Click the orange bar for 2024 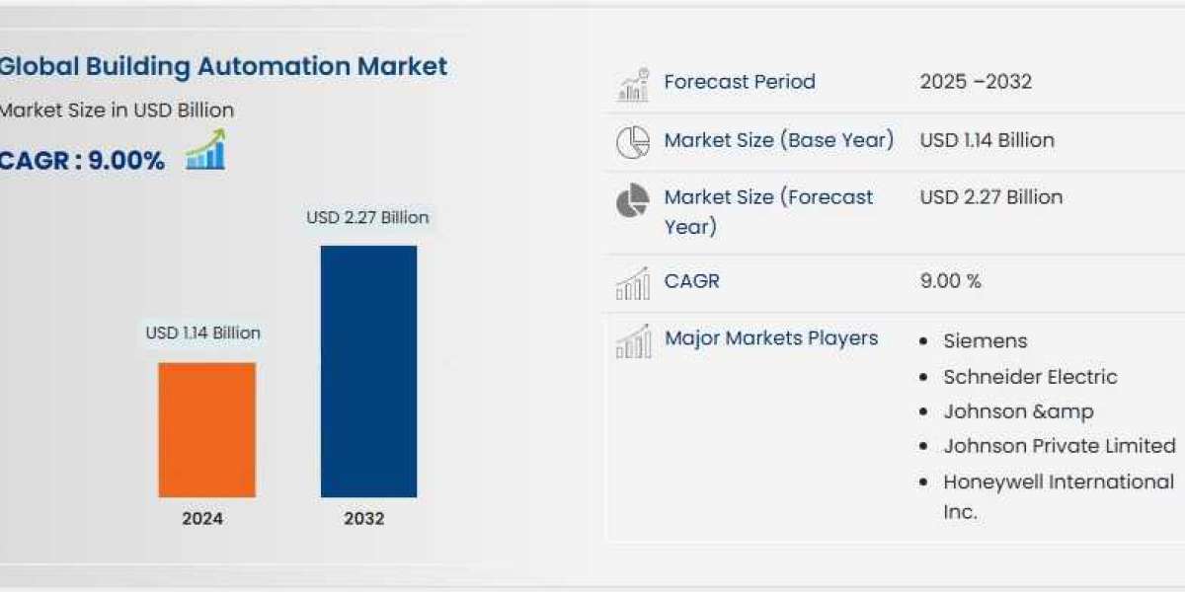(x=206, y=430)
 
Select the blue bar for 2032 (x=368, y=371)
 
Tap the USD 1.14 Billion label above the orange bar (x=203, y=333)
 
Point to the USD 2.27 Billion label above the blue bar (x=367, y=217)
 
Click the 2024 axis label (x=202, y=519)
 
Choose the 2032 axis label (x=364, y=519)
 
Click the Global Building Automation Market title (x=223, y=67)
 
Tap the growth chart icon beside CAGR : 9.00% (x=205, y=150)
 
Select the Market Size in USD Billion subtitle (x=117, y=110)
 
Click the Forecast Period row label (x=740, y=81)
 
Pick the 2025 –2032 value (x=976, y=81)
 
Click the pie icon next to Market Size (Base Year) (x=633, y=142)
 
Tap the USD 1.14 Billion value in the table (x=987, y=140)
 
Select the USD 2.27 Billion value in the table (x=991, y=197)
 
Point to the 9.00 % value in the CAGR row (x=951, y=280)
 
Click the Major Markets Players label (x=771, y=338)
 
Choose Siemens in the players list (x=986, y=341)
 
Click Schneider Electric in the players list (x=1031, y=377)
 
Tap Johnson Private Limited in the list (x=1060, y=446)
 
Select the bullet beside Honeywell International (x=923, y=482)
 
